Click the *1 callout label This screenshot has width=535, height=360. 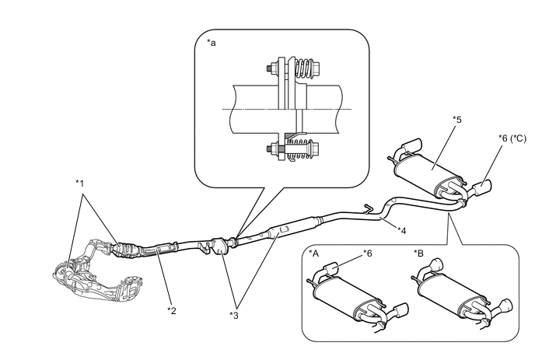(x=79, y=183)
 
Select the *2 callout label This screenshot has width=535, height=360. (x=172, y=310)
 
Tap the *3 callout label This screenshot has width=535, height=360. (x=234, y=316)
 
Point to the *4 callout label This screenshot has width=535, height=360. (x=402, y=231)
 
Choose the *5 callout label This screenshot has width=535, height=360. (x=457, y=120)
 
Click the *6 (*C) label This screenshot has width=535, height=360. (x=512, y=138)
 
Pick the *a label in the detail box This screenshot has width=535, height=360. (x=212, y=43)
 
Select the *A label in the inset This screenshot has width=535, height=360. (x=313, y=253)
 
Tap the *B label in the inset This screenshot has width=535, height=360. (x=418, y=253)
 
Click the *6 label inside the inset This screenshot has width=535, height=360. (x=367, y=253)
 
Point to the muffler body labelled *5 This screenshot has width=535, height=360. (x=429, y=173)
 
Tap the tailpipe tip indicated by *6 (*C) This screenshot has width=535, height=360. (x=483, y=187)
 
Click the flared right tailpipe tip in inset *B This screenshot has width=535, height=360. (x=505, y=306)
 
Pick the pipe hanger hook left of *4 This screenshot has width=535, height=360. (x=368, y=207)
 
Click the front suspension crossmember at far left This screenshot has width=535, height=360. (x=97, y=272)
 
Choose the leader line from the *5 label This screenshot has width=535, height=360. (x=444, y=147)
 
